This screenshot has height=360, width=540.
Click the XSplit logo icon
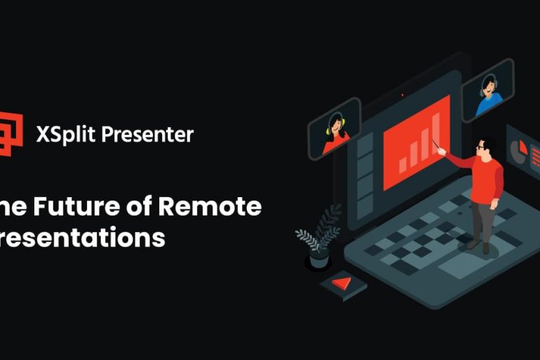(x=12, y=132)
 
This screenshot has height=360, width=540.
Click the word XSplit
(x=65, y=134)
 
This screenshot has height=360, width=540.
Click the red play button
(x=342, y=284)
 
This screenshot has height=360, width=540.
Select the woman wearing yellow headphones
(x=335, y=133)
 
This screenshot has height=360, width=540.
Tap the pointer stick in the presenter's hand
(x=440, y=149)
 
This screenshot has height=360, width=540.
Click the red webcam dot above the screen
(x=402, y=95)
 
